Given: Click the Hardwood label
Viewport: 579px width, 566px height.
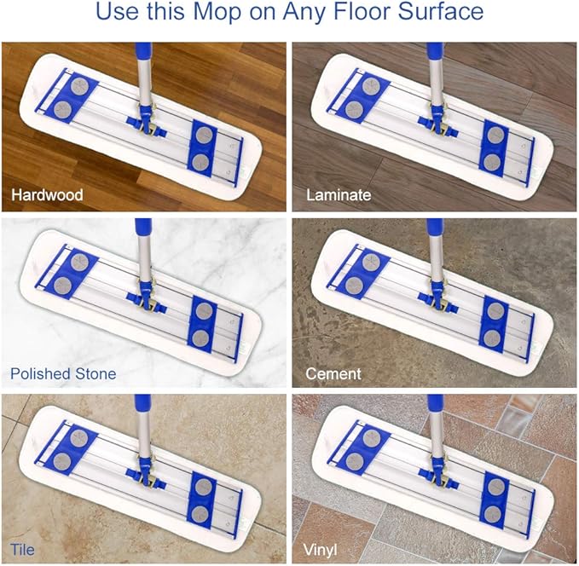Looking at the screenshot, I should coord(47,195).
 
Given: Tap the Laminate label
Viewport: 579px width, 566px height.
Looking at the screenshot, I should coord(339,195).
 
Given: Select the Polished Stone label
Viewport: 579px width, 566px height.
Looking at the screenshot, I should coord(63,373).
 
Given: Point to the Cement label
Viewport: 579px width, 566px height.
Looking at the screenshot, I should coord(333,373).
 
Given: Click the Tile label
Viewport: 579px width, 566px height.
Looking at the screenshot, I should coord(24,549).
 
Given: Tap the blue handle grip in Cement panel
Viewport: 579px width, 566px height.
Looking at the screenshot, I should coord(435,230).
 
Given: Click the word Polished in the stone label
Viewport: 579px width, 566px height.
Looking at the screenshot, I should coord(38,373).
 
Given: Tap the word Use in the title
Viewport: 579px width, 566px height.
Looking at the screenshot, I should coord(115,14).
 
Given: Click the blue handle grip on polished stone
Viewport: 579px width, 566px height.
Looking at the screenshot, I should coord(143,230).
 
